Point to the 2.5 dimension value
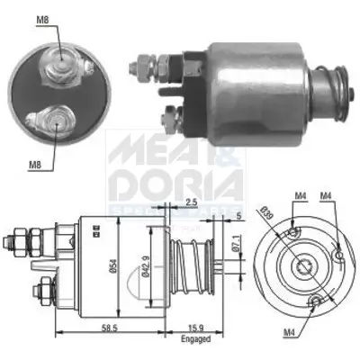tap(190, 202)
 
